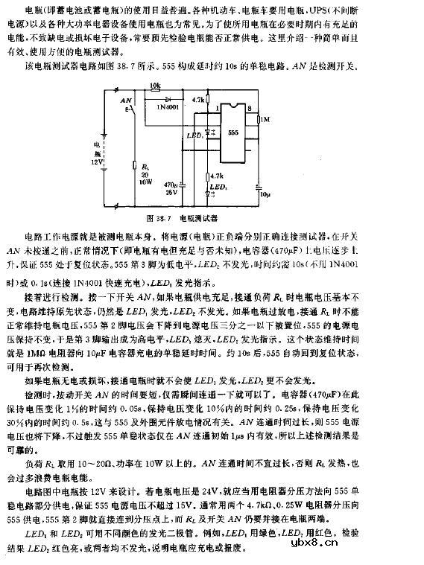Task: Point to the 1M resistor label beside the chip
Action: click(265, 119)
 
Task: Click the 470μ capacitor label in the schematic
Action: click(171, 185)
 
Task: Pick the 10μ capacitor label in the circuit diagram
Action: click(265, 192)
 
